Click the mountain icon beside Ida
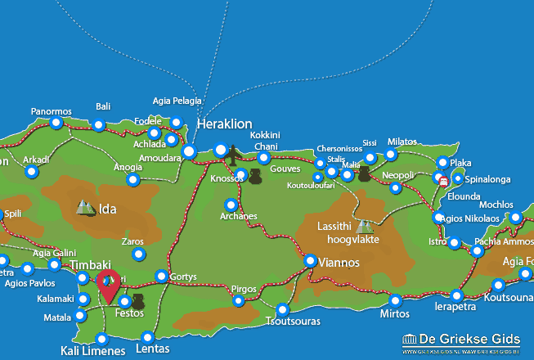coord(85,208)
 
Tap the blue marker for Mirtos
coord(395,300)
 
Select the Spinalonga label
coord(488,178)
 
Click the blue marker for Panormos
coord(56,124)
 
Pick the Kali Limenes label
coord(92,351)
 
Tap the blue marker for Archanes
coord(231,205)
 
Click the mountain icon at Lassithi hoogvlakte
coord(363,226)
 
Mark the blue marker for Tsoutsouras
coord(282,310)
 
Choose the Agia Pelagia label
coord(176,101)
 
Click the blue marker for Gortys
coord(161,277)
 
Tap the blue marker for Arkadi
coord(31,172)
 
